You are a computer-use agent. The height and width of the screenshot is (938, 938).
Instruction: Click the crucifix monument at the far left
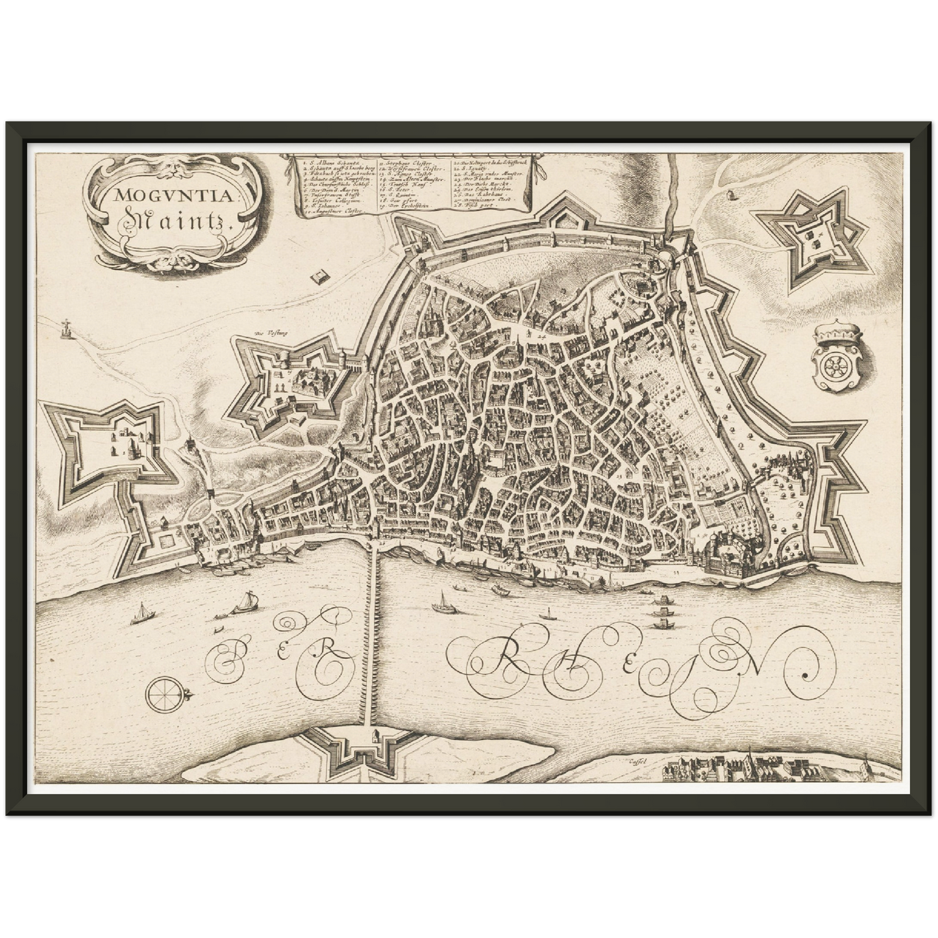pos(66,327)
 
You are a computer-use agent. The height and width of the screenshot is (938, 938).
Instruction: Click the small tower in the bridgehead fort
pos(375,735)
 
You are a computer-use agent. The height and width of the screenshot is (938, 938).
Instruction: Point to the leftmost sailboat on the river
pos(141,614)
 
